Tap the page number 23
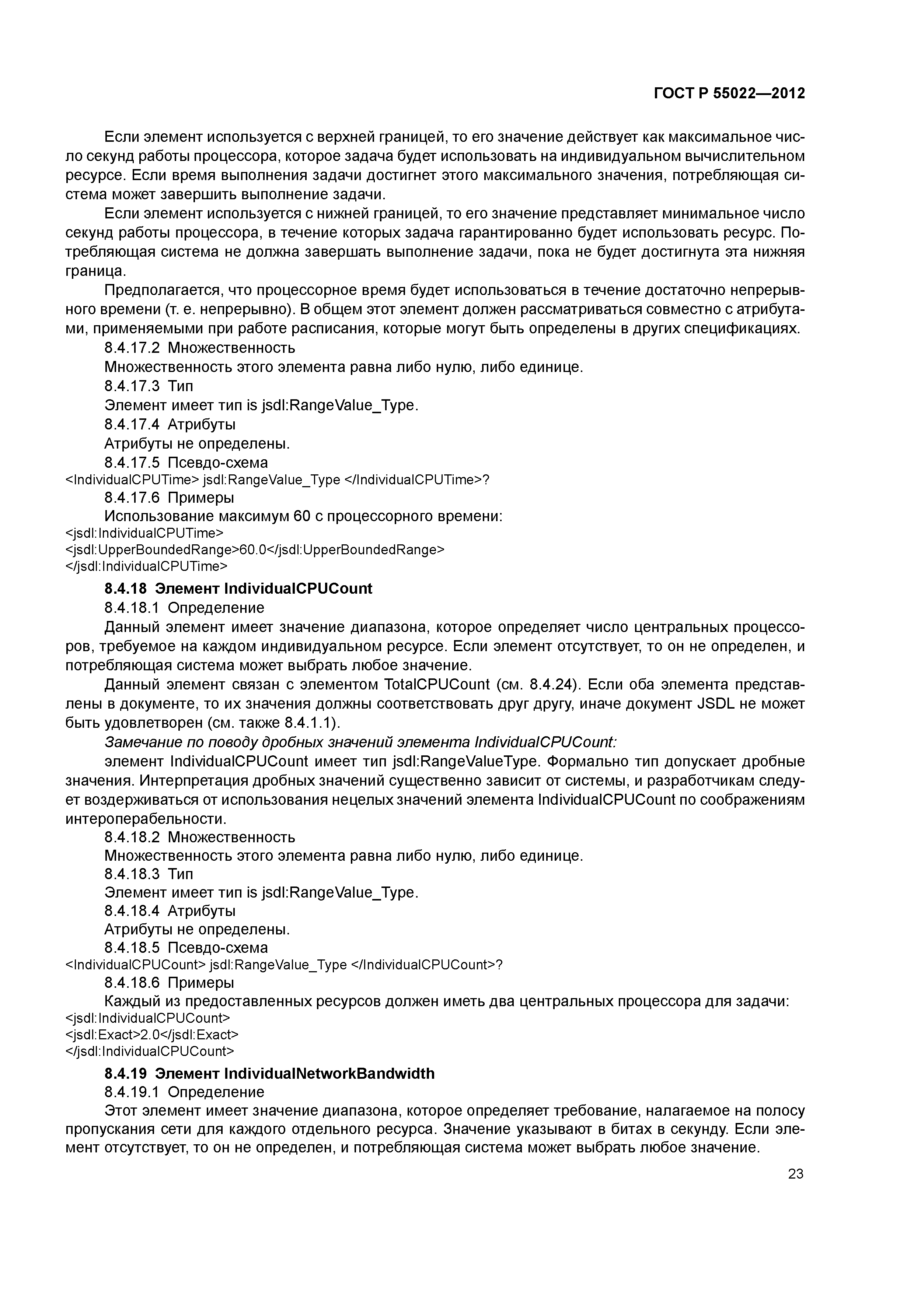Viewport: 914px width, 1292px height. tap(795, 1173)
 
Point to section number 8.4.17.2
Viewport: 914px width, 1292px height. tap(132, 348)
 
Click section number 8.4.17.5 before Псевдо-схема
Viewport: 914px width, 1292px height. tap(132, 463)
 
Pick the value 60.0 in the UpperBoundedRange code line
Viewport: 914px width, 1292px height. tap(252, 549)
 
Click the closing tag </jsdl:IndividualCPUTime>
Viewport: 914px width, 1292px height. tap(147, 566)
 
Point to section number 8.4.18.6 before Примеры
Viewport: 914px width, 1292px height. tap(132, 983)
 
